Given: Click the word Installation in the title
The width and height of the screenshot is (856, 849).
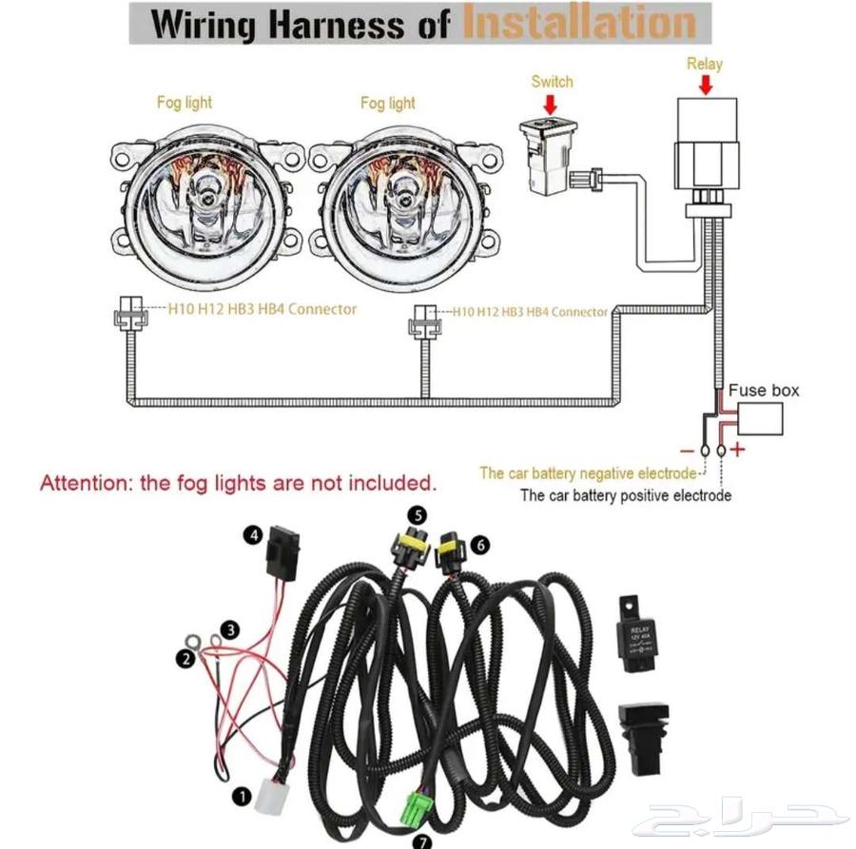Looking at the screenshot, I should (577, 22).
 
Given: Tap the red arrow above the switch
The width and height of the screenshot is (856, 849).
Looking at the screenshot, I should (551, 105).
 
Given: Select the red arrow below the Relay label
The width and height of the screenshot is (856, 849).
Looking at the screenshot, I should (705, 86).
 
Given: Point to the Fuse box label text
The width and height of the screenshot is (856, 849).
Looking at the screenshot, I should (764, 391).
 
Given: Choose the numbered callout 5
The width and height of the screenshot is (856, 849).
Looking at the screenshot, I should (416, 514).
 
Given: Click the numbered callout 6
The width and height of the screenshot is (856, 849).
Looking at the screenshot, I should (480, 545).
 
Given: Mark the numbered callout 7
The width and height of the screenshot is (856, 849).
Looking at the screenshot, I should (420, 841).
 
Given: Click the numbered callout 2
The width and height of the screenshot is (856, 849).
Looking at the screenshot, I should (186, 658).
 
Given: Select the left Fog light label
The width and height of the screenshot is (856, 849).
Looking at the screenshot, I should (185, 103).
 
